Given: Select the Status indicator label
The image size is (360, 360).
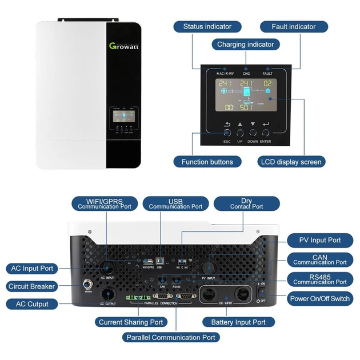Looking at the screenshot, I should (207, 27).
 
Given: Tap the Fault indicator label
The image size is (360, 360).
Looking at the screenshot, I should (294, 27).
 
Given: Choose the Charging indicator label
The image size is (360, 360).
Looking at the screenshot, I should (245, 44).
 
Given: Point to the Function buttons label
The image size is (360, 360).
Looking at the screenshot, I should (207, 162).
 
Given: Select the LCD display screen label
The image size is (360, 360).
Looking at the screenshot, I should (291, 162).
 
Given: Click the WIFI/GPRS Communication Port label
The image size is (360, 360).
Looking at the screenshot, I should (105, 204).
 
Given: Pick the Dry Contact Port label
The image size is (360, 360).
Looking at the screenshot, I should (247, 204).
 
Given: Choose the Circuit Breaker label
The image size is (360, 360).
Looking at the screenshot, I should (31, 286).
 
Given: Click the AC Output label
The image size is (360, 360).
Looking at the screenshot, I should (32, 304).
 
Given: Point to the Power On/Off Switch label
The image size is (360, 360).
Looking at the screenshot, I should (320, 298).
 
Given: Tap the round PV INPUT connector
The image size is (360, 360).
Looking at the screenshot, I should (209, 266).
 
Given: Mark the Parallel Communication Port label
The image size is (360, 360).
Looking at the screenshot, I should (171, 337).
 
